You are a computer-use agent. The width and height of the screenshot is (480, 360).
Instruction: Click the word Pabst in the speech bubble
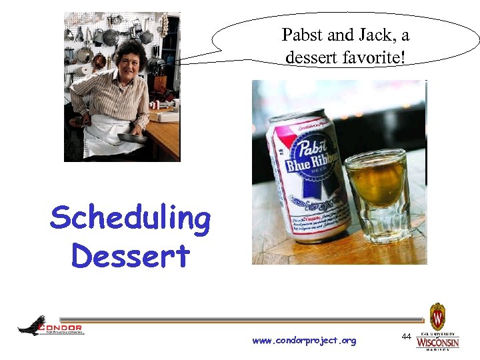(x=301, y=35)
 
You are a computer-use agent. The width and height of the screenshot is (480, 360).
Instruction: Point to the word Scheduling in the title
(x=130, y=219)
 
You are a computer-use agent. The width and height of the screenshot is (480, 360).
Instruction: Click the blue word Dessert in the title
(x=130, y=255)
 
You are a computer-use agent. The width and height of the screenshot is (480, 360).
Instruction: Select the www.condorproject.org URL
(x=304, y=341)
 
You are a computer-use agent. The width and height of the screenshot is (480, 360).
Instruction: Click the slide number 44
(x=406, y=337)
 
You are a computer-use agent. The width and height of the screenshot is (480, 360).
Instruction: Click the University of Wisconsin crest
(x=437, y=316)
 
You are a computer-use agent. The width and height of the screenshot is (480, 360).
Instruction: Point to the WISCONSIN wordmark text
(x=437, y=343)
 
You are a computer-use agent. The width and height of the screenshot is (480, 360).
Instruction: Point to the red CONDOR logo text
(x=61, y=327)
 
